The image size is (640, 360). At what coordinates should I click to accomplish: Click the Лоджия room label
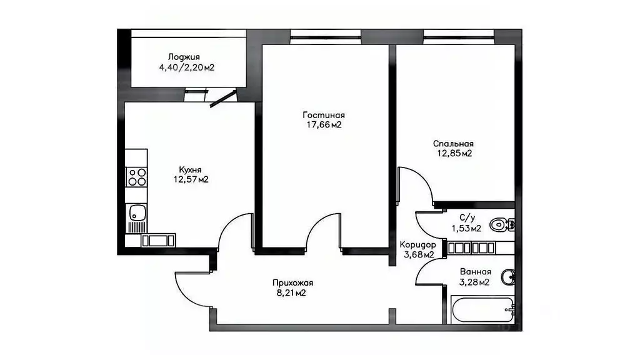tap(184, 57)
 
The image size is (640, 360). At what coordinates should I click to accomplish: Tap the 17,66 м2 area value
tap(324, 125)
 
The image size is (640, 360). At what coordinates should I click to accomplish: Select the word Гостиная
tap(324, 115)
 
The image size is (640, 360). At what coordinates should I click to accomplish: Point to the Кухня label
tap(190, 169)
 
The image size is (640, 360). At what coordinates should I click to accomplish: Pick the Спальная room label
tap(454, 144)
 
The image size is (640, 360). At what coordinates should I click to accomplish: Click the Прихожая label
tap(292, 283)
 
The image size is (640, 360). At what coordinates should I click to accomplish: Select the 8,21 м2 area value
tap(291, 292)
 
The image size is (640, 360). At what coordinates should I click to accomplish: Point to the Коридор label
tap(418, 245)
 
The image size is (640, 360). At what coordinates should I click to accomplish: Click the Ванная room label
tap(476, 272)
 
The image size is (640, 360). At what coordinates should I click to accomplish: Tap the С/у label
tap(467, 218)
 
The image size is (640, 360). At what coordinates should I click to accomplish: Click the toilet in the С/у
tap(502, 225)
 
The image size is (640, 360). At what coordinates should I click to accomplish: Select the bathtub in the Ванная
tap(482, 309)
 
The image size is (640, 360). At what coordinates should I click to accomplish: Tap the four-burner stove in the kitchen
tap(136, 177)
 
